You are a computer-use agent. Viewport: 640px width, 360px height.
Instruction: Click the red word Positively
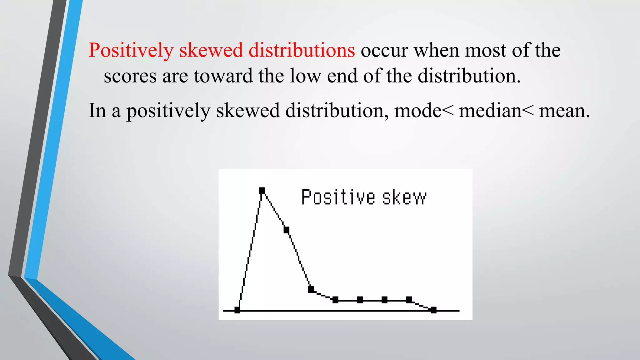tap(131, 50)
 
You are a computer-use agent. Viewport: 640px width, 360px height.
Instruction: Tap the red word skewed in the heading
tap(211, 50)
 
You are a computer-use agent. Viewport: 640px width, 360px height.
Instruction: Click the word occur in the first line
tap(384, 50)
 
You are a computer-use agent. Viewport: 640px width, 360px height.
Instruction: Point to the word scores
tap(130, 76)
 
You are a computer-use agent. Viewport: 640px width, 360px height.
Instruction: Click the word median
tap(490, 111)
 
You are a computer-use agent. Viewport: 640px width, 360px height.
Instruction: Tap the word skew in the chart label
tap(404, 197)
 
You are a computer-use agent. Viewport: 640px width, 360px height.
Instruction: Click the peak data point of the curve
tap(262, 190)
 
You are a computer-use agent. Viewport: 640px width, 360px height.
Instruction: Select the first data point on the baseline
tap(237, 310)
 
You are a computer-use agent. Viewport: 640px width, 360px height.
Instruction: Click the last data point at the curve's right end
tap(433, 310)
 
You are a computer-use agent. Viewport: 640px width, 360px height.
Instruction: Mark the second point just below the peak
tap(287, 230)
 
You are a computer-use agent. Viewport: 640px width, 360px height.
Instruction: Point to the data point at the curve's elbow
tap(311, 289)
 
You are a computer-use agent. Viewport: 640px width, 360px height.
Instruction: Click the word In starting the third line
tap(97, 111)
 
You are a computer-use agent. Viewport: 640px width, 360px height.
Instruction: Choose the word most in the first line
tap(485, 50)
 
